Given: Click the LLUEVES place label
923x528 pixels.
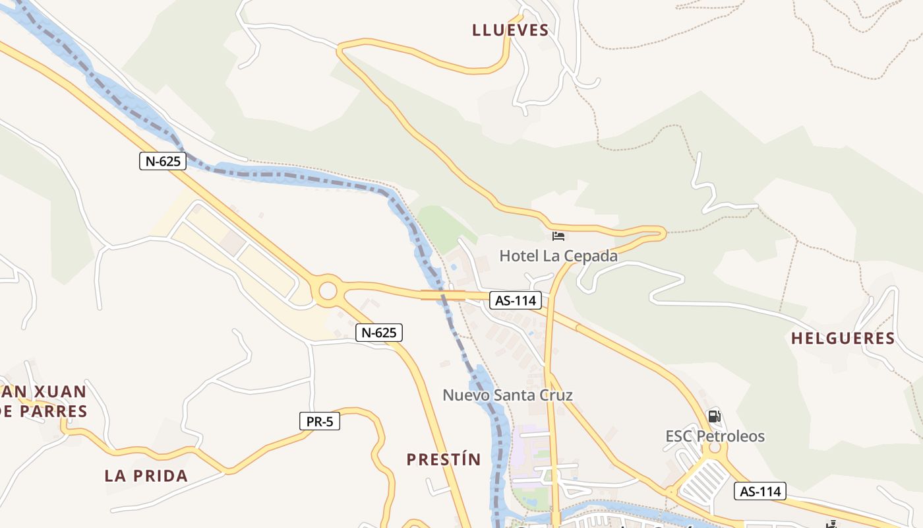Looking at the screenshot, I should pyautogui.click(x=510, y=30).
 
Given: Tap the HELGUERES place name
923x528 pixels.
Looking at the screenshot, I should pyautogui.click(x=843, y=339).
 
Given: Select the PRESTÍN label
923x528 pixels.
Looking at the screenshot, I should pyautogui.click(x=444, y=459).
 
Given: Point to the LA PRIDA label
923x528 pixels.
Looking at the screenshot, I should pyautogui.click(x=146, y=476).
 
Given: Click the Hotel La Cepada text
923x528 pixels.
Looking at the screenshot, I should pyautogui.click(x=558, y=256).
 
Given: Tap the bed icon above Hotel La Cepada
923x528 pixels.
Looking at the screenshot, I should pyautogui.click(x=558, y=236).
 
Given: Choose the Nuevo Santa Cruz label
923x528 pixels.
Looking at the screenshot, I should pyautogui.click(x=507, y=395).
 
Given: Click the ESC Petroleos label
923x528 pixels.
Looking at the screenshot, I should pyautogui.click(x=715, y=436).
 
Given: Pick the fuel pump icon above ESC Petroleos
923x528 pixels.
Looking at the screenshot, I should pyautogui.click(x=714, y=416).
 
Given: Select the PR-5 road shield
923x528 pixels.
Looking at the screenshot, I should pyautogui.click(x=320, y=421).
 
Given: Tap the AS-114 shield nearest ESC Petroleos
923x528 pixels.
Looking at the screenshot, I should pyautogui.click(x=760, y=491).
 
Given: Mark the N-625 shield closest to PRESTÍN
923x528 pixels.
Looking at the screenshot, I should pyautogui.click(x=379, y=333).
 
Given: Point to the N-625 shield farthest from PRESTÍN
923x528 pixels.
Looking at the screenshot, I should pyautogui.click(x=163, y=160).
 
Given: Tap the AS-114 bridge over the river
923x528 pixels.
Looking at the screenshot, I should pyautogui.click(x=443, y=295).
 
